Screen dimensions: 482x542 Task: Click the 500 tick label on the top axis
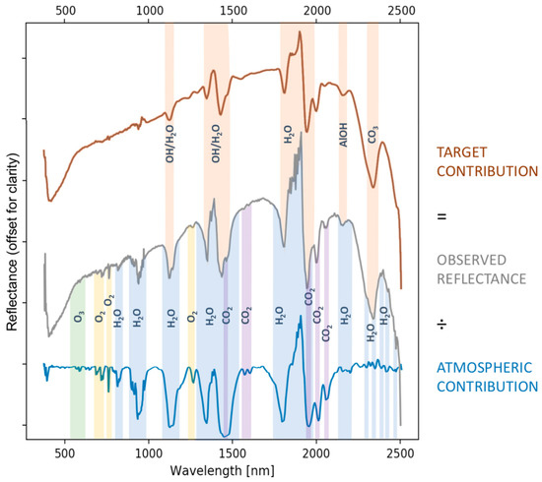click(x=65, y=10)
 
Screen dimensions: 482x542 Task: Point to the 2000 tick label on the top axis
click(x=316, y=10)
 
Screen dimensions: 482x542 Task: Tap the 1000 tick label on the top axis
click(x=149, y=10)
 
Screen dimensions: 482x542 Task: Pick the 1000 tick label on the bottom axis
click(x=149, y=454)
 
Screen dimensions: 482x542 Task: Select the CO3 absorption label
click(x=373, y=135)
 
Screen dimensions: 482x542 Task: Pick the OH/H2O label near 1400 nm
click(x=216, y=139)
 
